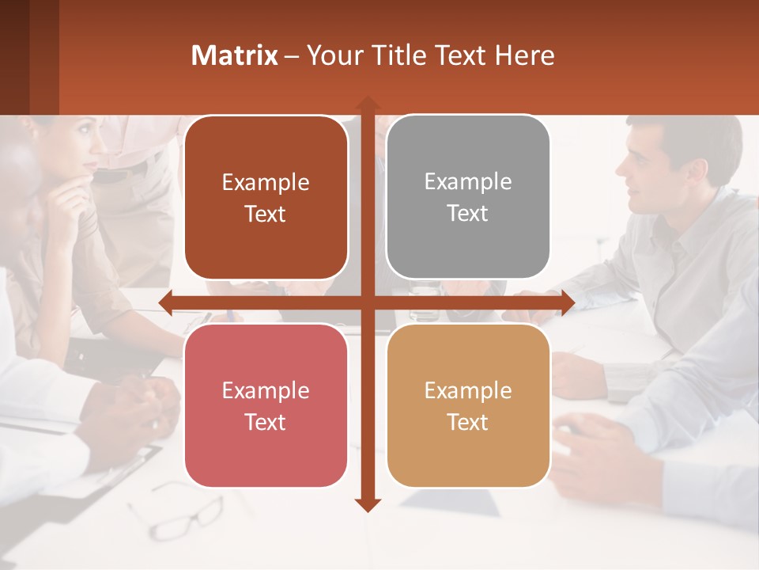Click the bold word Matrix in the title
tap(235, 55)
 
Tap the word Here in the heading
tap(524, 55)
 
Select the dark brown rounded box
tap(266, 198)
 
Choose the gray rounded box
tap(468, 197)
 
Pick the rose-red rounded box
tap(266, 405)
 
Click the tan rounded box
tap(468, 405)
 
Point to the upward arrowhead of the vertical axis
tap(368, 104)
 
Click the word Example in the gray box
tap(468, 181)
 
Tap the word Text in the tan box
tap(468, 422)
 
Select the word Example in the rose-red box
tap(266, 390)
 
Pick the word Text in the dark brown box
tap(266, 214)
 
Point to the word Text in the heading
tap(459, 55)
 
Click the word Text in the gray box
tap(468, 213)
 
